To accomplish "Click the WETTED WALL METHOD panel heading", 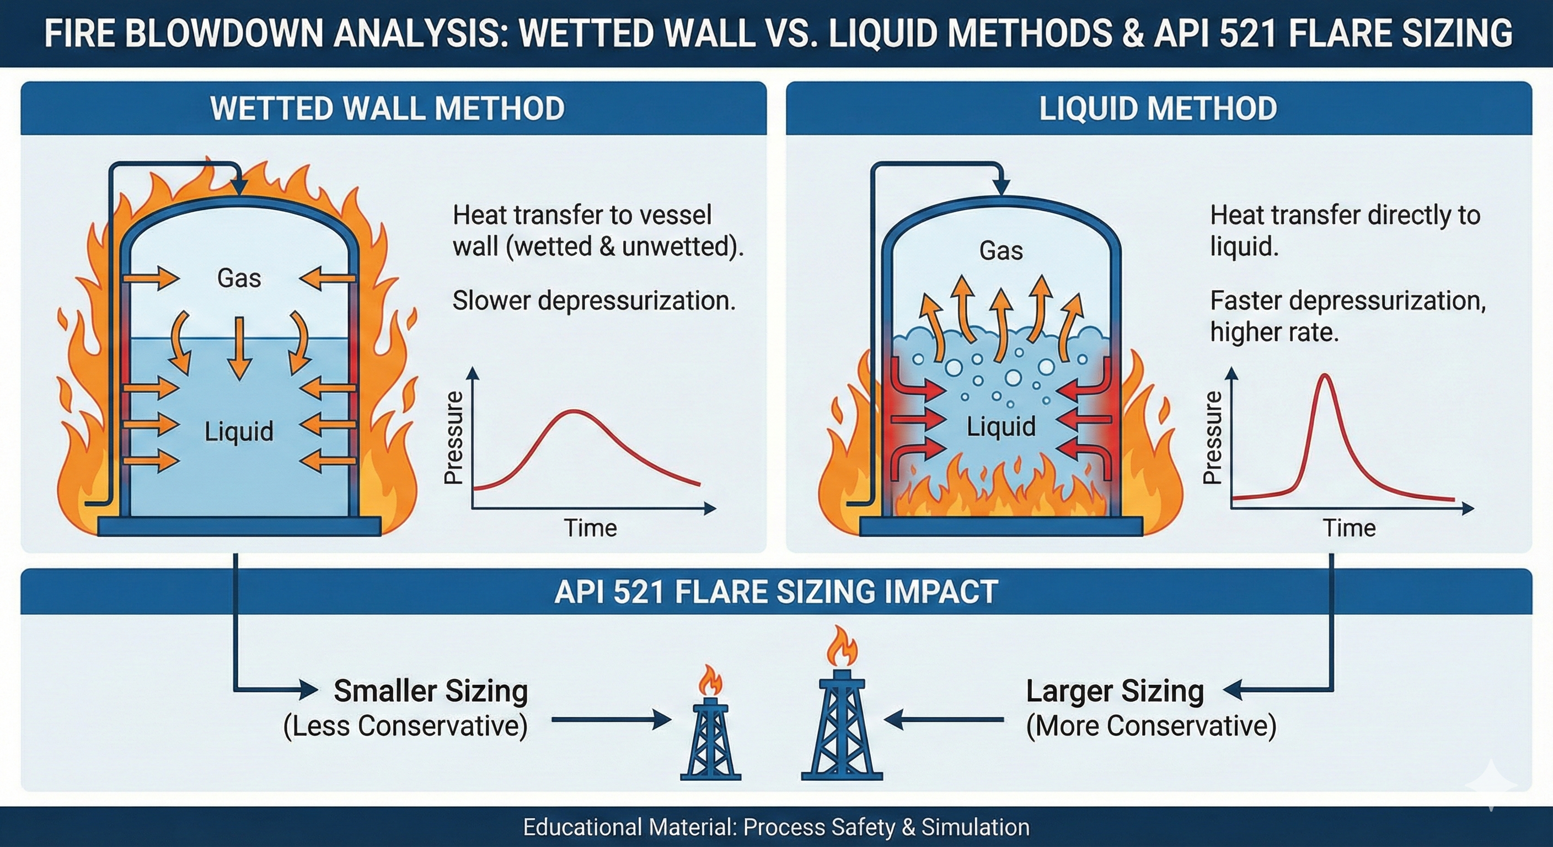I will tap(387, 109).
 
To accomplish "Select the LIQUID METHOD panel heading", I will tap(1158, 109).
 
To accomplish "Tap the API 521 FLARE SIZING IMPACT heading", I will tap(776, 592).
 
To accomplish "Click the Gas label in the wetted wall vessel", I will tap(239, 278).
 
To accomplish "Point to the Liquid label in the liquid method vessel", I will tap(1001, 427).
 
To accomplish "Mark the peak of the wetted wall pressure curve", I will tap(575, 411).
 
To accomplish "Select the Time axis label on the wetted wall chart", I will tap(590, 528).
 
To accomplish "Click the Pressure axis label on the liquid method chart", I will tap(1212, 438).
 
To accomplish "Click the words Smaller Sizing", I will tap(431, 691).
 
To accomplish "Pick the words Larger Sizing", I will tap(1115, 691).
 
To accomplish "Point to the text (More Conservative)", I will tap(1151, 726).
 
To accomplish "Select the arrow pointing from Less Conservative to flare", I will tap(610, 720).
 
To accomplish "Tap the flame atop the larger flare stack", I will tap(842, 646).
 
